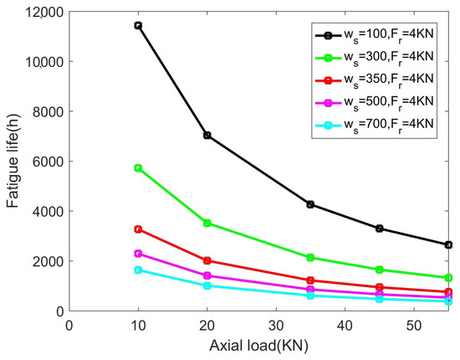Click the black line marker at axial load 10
pos(138,26)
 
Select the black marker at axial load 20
pos(207,135)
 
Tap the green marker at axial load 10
pos(138,168)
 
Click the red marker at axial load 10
pos(138,229)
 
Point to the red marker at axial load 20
pos(207,260)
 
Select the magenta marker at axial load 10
pos(138,253)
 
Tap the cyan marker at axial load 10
pos(138,270)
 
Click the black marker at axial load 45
pos(379,229)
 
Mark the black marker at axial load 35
pos(310,204)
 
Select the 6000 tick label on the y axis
pos(47,162)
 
